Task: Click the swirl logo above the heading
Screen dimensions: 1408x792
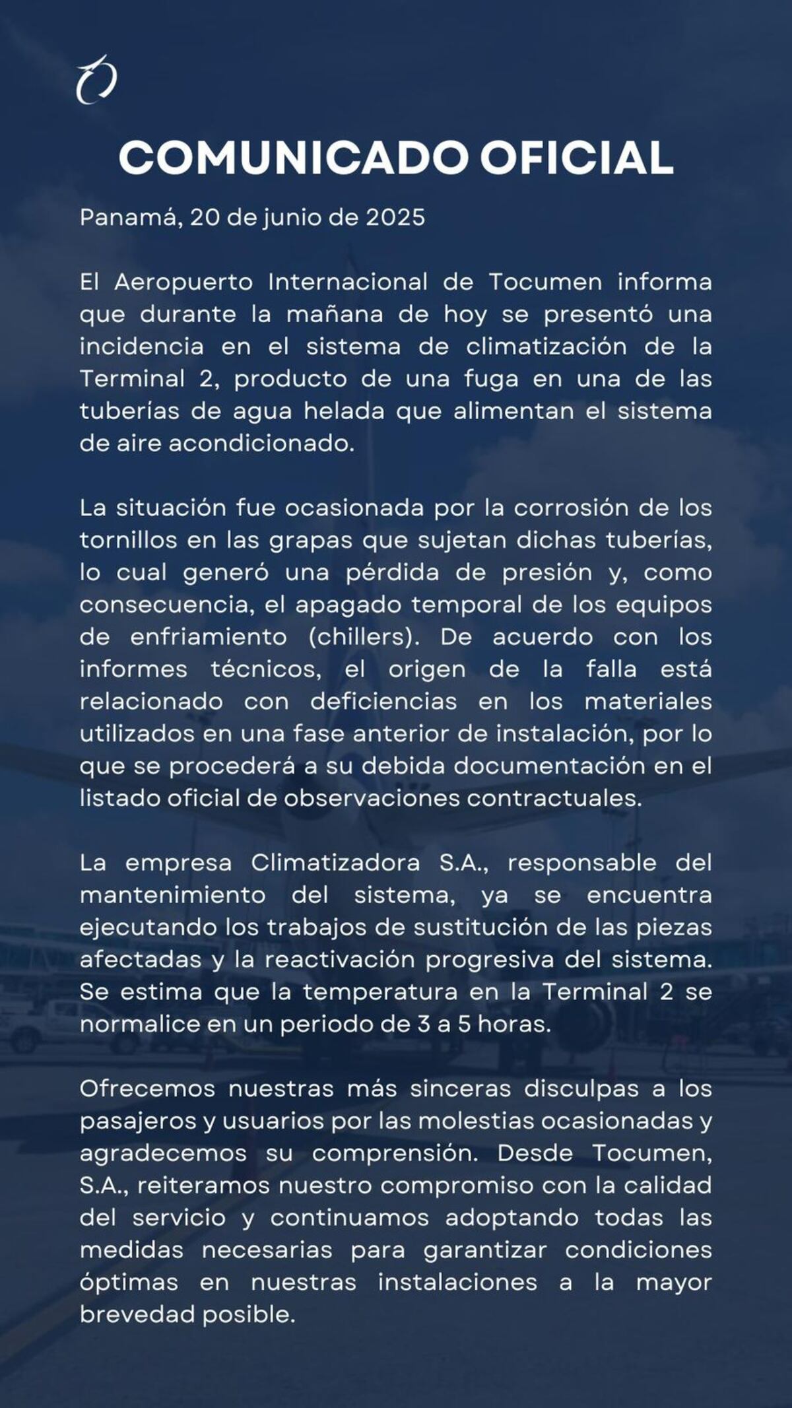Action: pos(96,80)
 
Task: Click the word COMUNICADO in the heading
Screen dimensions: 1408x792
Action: pos(292,158)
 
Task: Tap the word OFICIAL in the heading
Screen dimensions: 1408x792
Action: pos(576,158)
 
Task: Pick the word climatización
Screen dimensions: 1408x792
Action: pos(546,347)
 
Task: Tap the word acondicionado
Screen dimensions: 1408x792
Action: pos(262,444)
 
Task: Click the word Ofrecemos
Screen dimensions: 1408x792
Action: pos(147,1089)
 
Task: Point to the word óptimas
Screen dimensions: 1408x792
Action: pos(129,1283)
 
